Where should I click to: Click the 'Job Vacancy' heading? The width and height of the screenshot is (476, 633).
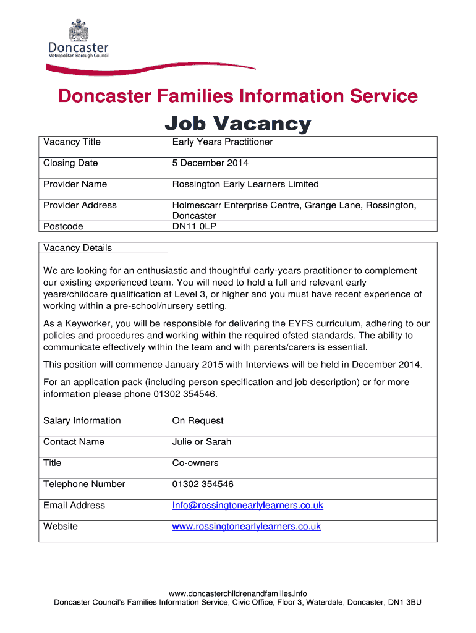pos(237,124)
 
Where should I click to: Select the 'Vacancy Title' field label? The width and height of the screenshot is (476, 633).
pos(72,142)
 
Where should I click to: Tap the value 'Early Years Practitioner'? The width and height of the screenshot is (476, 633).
pos(223,142)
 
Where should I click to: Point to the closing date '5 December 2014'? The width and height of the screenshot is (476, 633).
pos(210,163)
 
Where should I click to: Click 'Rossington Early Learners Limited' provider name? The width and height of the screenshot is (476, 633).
pos(245,184)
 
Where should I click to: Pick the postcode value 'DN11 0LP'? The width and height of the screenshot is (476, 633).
pos(195,226)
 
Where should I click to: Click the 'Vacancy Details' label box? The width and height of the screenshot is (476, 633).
pos(78,248)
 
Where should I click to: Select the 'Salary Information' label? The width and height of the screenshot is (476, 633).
pos(82,421)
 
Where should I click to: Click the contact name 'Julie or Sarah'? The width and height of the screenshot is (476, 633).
pos(202,442)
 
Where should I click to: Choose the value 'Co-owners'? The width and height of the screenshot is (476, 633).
pos(195,463)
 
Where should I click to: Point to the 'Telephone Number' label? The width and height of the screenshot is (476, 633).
pos(84,484)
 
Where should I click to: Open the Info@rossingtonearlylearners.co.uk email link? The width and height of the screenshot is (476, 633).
pos(248,506)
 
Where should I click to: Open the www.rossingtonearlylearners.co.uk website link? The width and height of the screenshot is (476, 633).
pos(247,527)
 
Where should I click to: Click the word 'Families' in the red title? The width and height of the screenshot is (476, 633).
pos(199,96)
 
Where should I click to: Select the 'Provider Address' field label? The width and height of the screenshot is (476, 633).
pos(80,205)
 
